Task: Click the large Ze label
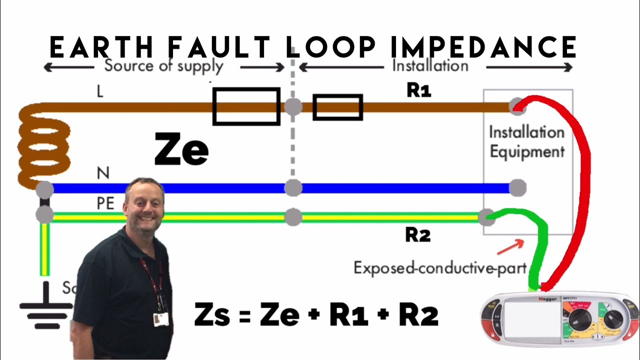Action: [x=181, y=149]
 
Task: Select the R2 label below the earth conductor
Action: [x=417, y=235]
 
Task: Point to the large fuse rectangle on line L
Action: [x=246, y=106]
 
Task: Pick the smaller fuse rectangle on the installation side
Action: [x=337, y=107]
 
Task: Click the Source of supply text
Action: [x=163, y=66]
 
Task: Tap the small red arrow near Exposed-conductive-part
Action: [x=510, y=245]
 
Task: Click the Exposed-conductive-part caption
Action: [x=440, y=268]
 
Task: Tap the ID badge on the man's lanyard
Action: [x=160, y=319]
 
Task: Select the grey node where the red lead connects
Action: [x=517, y=106]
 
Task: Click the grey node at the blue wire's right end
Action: [x=517, y=188]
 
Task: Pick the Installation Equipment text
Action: [x=526, y=142]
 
